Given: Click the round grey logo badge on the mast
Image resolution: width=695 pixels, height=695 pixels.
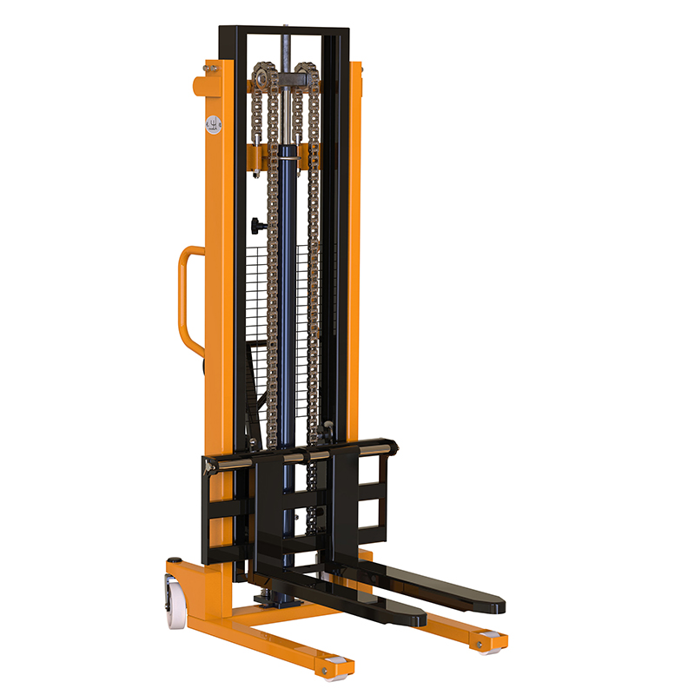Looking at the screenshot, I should (x=213, y=122).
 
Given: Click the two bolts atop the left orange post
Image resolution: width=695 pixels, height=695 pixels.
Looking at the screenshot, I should (x=211, y=66).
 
